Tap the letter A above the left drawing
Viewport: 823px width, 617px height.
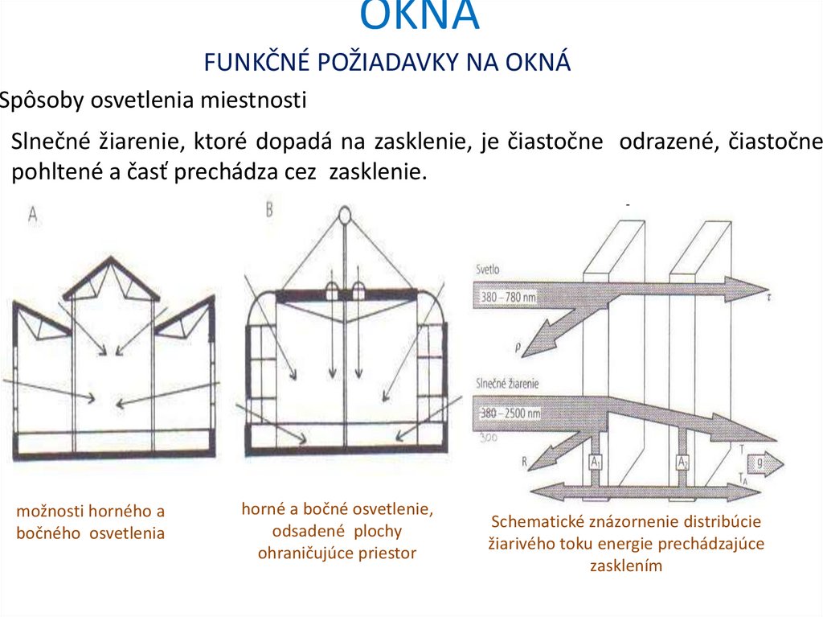(x=33, y=214)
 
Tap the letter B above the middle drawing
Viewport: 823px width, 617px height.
(x=269, y=209)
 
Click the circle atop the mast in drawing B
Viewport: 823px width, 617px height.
(x=345, y=215)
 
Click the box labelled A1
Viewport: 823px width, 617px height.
(x=596, y=463)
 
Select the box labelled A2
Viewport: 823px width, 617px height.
(x=682, y=463)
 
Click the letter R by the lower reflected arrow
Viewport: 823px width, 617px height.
(x=523, y=463)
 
